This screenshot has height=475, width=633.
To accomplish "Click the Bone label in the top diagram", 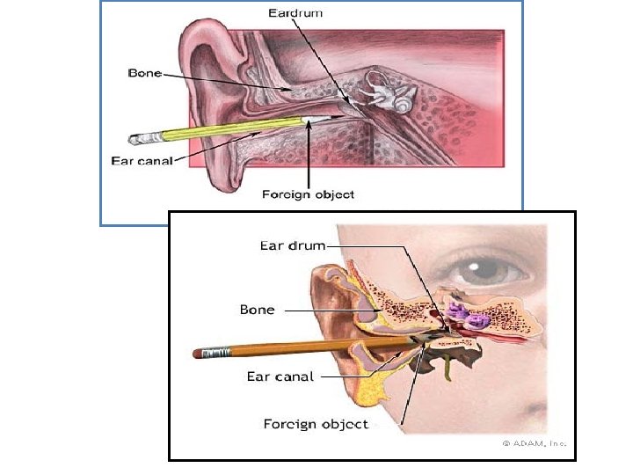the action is (x=145, y=74).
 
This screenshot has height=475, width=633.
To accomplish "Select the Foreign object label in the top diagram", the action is (x=308, y=194).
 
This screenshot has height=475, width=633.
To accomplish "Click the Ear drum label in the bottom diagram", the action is (x=293, y=245).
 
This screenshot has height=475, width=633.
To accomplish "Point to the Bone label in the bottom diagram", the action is (x=258, y=310).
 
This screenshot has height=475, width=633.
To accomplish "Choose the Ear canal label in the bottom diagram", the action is (x=280, y=376).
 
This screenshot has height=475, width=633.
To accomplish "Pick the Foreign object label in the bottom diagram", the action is (x=316, y=425).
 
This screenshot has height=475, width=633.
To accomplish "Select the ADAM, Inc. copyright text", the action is (x=535, y=443).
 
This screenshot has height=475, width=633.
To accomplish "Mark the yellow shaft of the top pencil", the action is (x=229, y=129).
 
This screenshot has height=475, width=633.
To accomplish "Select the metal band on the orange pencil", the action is (x=220, y=353).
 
